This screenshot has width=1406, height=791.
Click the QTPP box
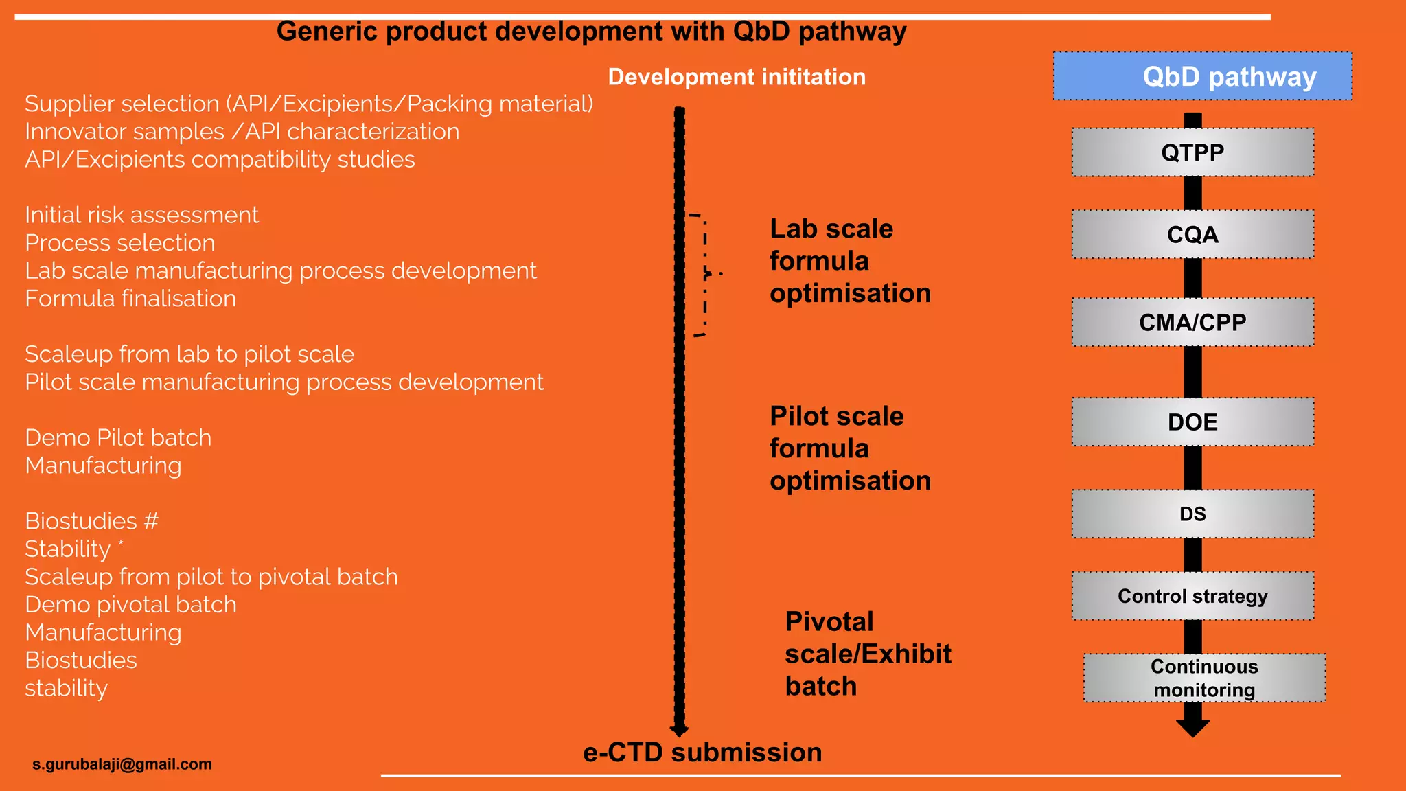[x=1192, y=152]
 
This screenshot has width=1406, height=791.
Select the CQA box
[x=1192, y=235]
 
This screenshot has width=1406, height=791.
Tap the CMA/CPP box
[x=1192, y=322]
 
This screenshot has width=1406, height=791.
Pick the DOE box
[x=1192, y=422]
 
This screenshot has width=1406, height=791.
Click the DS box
[x=1192, y=514]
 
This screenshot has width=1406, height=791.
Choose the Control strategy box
[x=1192, y=596]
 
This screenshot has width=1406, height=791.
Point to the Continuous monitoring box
[x=1204, y=678]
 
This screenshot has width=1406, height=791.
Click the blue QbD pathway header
[x=1203, y=76]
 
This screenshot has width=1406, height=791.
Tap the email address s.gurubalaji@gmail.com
[x=122, y=764]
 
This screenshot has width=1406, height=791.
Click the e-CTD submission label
[x=702, y=753]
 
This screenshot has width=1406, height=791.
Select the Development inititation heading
[x=737, y=77]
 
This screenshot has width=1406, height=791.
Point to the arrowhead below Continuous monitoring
[x=1192, y=728]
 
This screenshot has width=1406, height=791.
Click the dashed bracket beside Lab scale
[x=704, y=275]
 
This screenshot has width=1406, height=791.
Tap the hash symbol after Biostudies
[x=151, y=521]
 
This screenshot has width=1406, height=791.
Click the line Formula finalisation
[x=130, y=299]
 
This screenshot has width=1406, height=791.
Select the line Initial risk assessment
[x=141, y=215]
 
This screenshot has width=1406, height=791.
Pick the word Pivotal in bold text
[x=829, y=622]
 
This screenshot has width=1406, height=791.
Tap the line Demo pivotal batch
[x=130, y=605]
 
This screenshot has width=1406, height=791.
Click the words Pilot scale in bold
[x=836, y=417]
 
